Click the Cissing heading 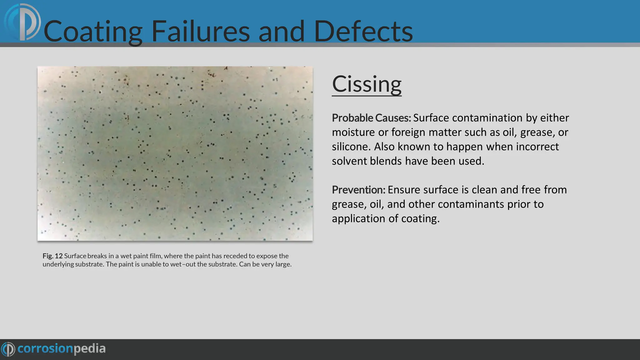pyautogui.click(x=366, y=84)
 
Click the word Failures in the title pyautogui.click(x=200, y=31)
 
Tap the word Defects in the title pyautogui.click(x=363, y=31)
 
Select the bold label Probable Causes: pyautogui.click(x=371, y=118)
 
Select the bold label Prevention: pyautogui.click(x=358, y=190)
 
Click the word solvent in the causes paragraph pyautogui.click(x=349, y=161)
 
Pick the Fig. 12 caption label pyautogui.click(x=52, y=256)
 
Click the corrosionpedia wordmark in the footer pyautogui.click(x=61, y=349)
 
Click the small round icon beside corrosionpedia pyautogui.click(x=8, y=349)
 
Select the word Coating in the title pyautogui.click(x=93, y=31)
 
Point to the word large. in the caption pyautogui.click(x=283, y=264)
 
